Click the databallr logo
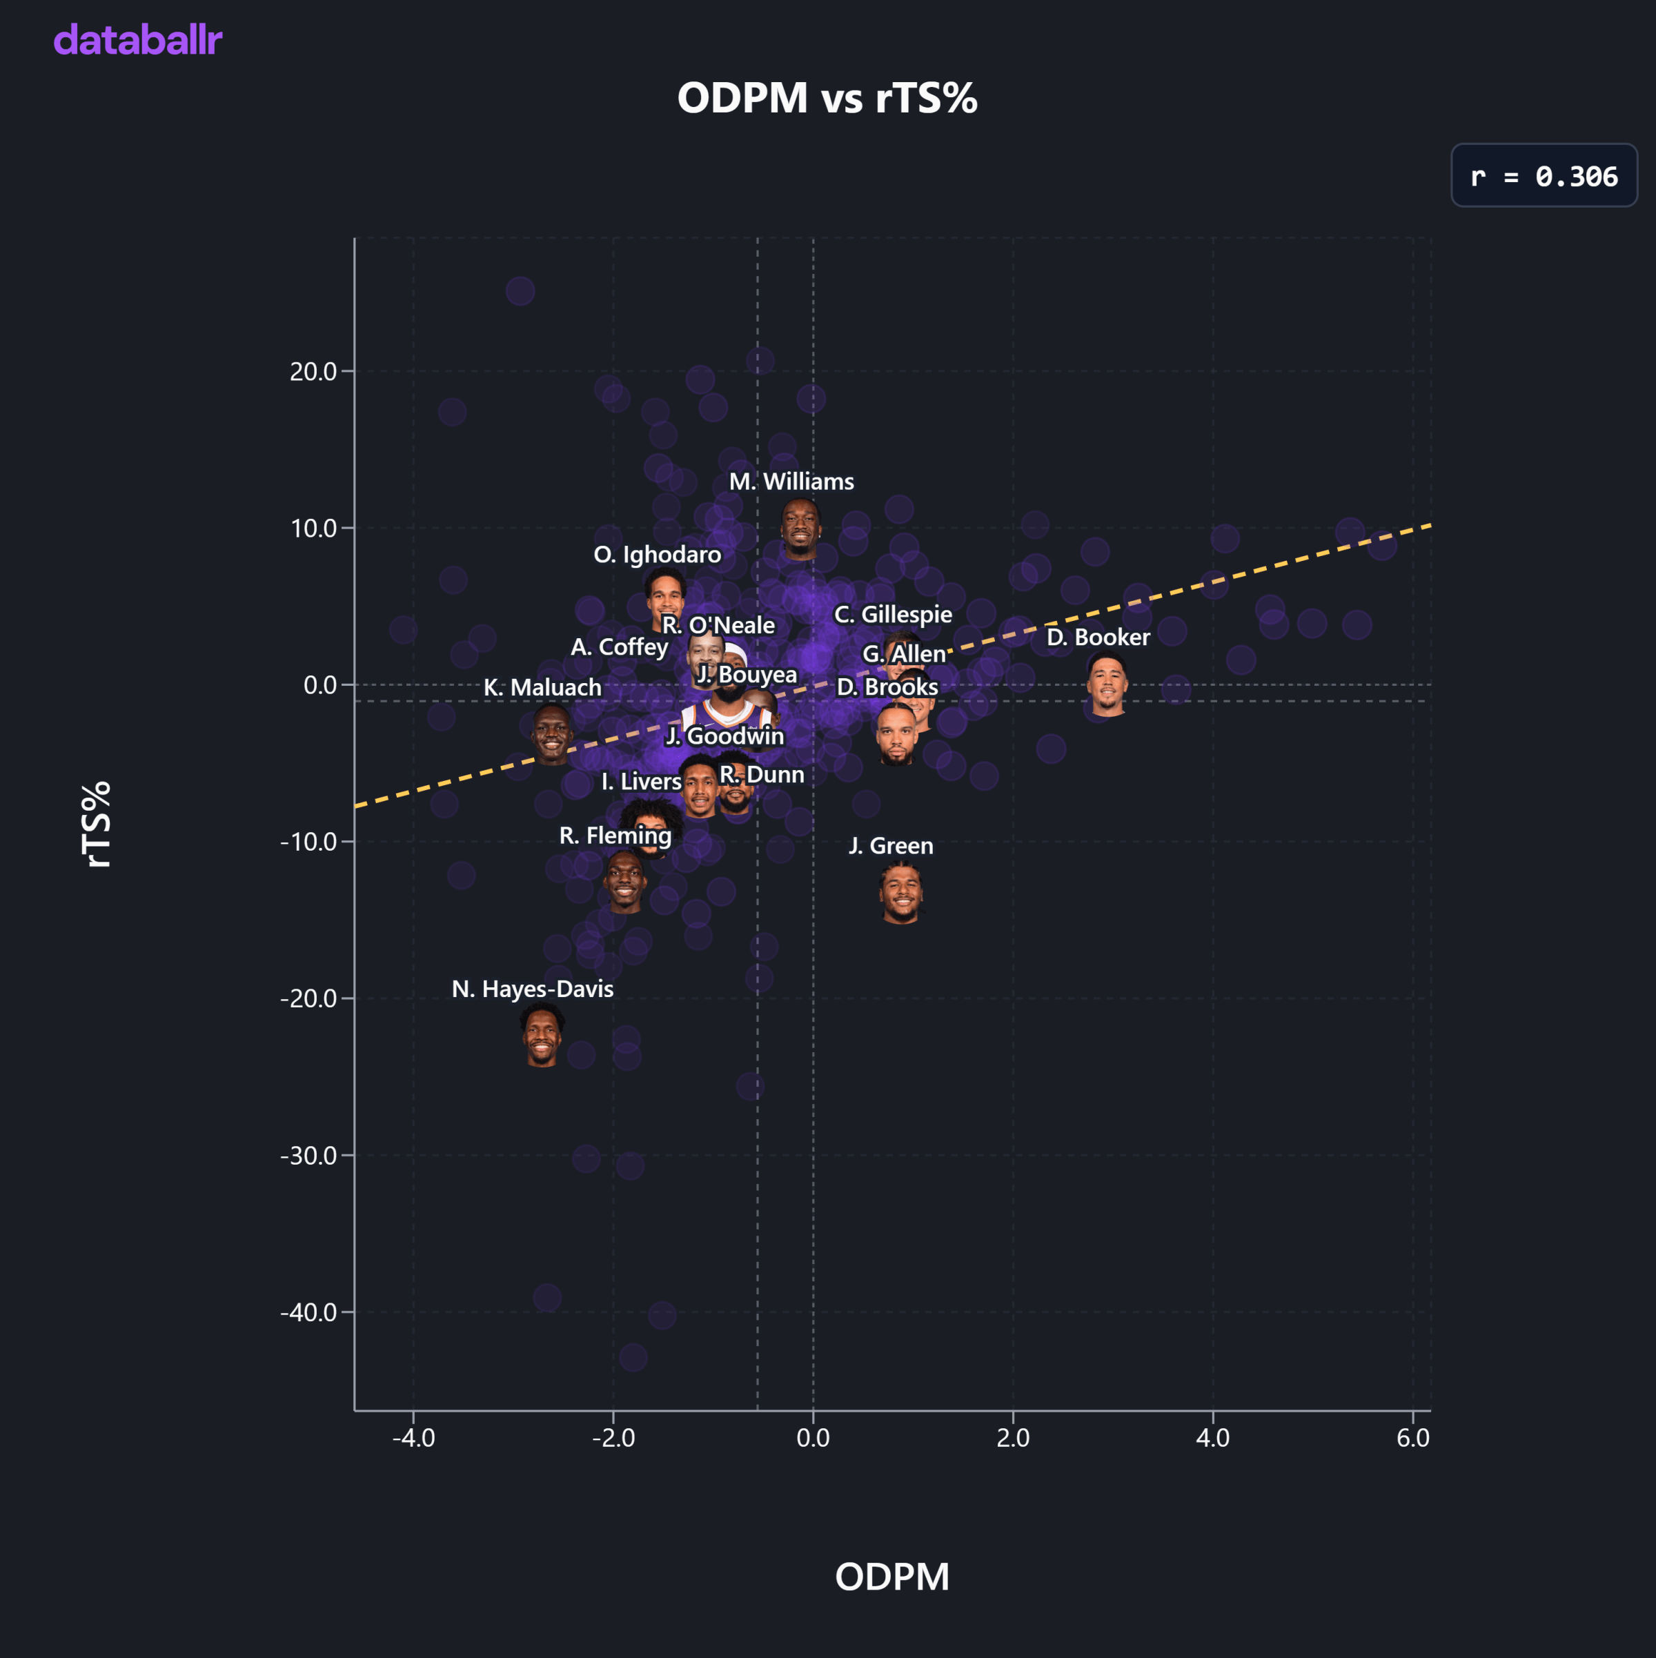pos(138,40)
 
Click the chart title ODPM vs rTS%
pos(827,98)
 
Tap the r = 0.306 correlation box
pos(1544,176)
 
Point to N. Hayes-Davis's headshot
pos(542,1036)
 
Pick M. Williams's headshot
pos(800,529)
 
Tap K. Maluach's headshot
pos(552,733)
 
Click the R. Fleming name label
pos(615,836)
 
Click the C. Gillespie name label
pos(894,615)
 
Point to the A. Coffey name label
pos(620,647)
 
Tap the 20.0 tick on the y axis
pos(313,372)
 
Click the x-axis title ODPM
pos(892,1577)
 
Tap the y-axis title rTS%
pos(97,824)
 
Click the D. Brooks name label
pos(887,687)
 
